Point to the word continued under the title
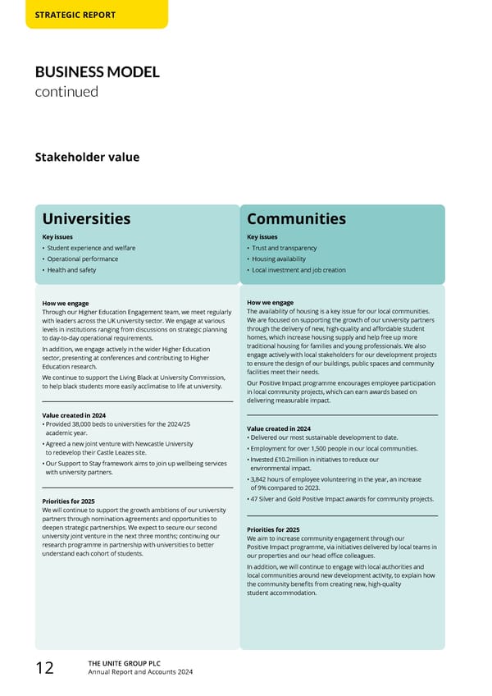tap(66, 91)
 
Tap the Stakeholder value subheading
tap(86, 157)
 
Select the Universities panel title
tap(86, 219)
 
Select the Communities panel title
tap(296, 219)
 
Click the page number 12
tap(44, 668)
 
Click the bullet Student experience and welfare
tap(91, 248)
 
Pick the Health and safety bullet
tap(71, 270)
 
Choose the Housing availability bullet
tap(279, 259)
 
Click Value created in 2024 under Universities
tap(73, 414)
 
